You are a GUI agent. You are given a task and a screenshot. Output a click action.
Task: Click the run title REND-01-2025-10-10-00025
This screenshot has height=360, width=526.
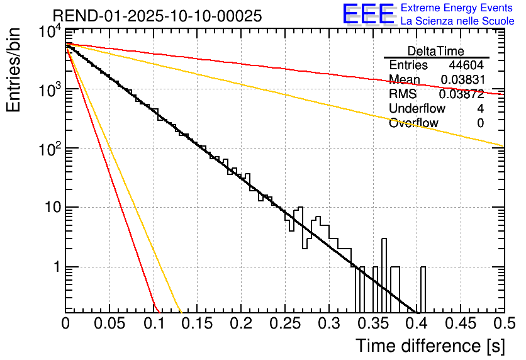157,16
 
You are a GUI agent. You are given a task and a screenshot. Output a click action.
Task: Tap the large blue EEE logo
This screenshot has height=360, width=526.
368,14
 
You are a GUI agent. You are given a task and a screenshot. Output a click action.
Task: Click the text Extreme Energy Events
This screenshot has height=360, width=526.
457,8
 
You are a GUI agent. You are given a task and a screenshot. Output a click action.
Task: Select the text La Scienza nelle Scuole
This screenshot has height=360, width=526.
457,21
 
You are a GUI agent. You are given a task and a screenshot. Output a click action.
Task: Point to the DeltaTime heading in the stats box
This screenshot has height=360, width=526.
436,51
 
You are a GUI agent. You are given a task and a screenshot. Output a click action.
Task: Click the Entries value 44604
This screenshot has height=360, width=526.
466,65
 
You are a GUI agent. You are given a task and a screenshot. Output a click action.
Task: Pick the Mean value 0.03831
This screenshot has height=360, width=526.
462,80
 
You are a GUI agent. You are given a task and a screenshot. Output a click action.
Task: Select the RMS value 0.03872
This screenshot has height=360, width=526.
461,94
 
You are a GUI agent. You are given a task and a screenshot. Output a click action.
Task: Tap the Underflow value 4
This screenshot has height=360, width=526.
480,109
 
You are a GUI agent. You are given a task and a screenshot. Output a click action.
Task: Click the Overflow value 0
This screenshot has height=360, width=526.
480,123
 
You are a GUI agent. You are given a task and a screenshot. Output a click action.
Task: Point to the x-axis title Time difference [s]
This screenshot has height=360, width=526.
429,346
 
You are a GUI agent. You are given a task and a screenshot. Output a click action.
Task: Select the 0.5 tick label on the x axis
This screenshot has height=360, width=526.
501,323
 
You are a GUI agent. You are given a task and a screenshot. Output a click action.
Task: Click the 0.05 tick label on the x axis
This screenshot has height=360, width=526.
109,323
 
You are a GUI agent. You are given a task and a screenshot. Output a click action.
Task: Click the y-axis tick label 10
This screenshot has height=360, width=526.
49,208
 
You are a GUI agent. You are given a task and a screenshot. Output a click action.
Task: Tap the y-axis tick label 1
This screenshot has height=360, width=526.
54,267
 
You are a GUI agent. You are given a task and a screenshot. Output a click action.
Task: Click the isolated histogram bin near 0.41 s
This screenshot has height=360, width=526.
423,290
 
